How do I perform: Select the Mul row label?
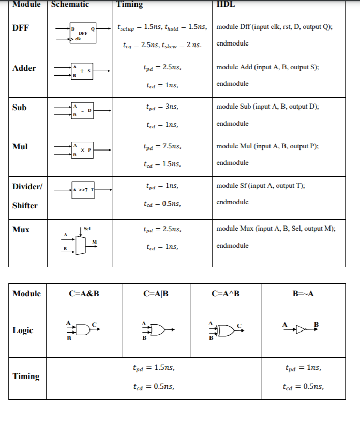pyautogui.click(x=20, y=147)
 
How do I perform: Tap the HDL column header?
pyautogui.click(x=226, y=4)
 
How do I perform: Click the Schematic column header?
pyautogui.click(x=70, y=4)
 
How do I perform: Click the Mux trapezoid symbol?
pyautogui.click(x=80, y=245)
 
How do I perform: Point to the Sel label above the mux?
pyautogui.click(x=87, y=228)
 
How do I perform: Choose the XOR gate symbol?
pyautogui.click(x=226, y=329)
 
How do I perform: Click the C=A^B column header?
pyautogui.click(x=226, y=294)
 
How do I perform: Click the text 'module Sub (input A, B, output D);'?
pyautogui.click(x=267, y=107)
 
